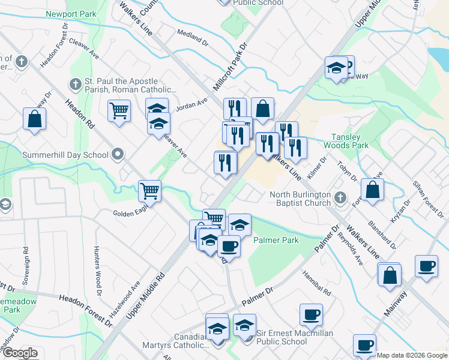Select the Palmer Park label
click(x=276, y=240)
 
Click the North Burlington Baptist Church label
click(x=300, y=199)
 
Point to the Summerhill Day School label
click(x=65, y=155)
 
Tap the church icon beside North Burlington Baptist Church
click(x=340, y=197)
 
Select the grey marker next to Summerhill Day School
click(x=118, y=155)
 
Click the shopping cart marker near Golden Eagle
click(x=149, y=191)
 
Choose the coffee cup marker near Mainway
click(x=426, y=266)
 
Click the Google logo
click(x=19, y=353)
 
